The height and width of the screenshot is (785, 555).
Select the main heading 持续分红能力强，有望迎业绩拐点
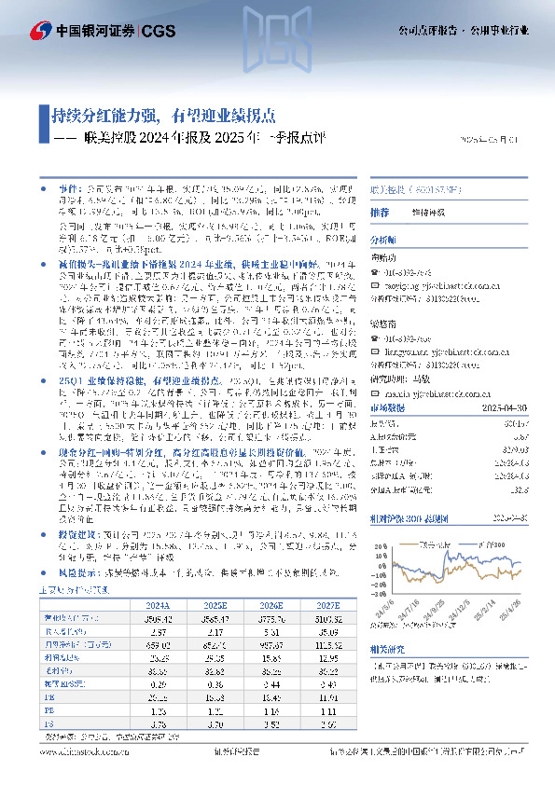(163, 117)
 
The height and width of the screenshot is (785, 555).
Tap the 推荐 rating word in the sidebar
(380, 213)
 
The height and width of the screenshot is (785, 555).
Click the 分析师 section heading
(383, 240)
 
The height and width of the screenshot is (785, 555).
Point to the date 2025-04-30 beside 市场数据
(518, 406)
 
